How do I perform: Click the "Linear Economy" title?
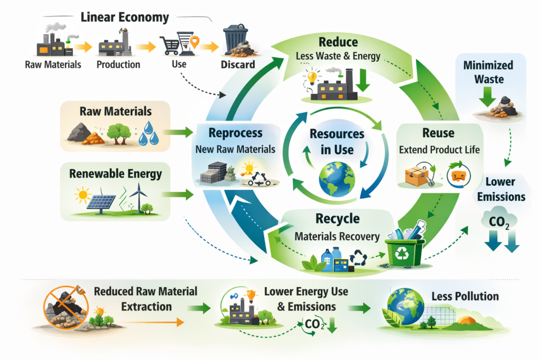(x=124, y=17)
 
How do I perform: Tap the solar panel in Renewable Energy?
(x=102, y=202)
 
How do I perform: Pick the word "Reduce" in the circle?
(x=338, y=42)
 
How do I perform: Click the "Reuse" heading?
(x=438, y=133)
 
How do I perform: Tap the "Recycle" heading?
(x=337, y=218)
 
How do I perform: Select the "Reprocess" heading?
(x=235, y=132)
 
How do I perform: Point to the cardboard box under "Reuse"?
(x=416, y=177)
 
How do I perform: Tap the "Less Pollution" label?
(x=465, y=296)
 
